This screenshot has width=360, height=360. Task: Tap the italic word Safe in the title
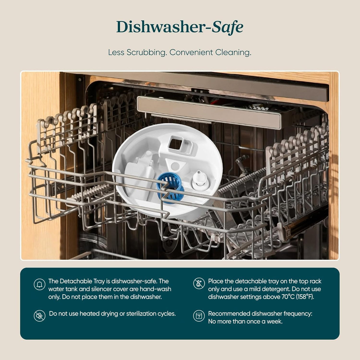pos(227,27)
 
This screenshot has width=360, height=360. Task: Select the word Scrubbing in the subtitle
pos(146,52)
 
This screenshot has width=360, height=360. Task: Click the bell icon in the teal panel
pos(40,284)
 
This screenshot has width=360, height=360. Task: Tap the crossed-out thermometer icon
pos(199,283)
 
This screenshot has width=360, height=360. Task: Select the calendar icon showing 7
pos(199,316)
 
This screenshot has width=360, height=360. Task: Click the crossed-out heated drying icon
pos(40,316)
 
